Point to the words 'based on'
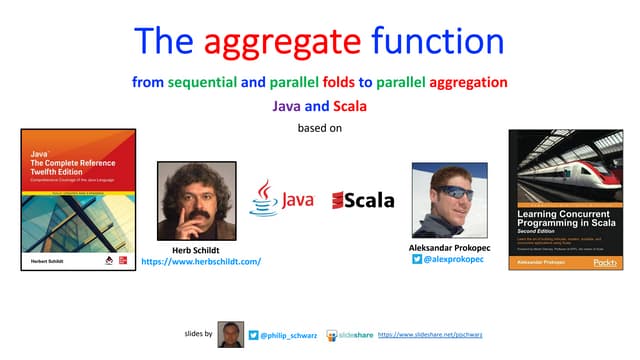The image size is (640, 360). pyautogui.click(x=319, y=127)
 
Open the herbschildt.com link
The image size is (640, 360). pyautogui.click(x=201, y=261)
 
